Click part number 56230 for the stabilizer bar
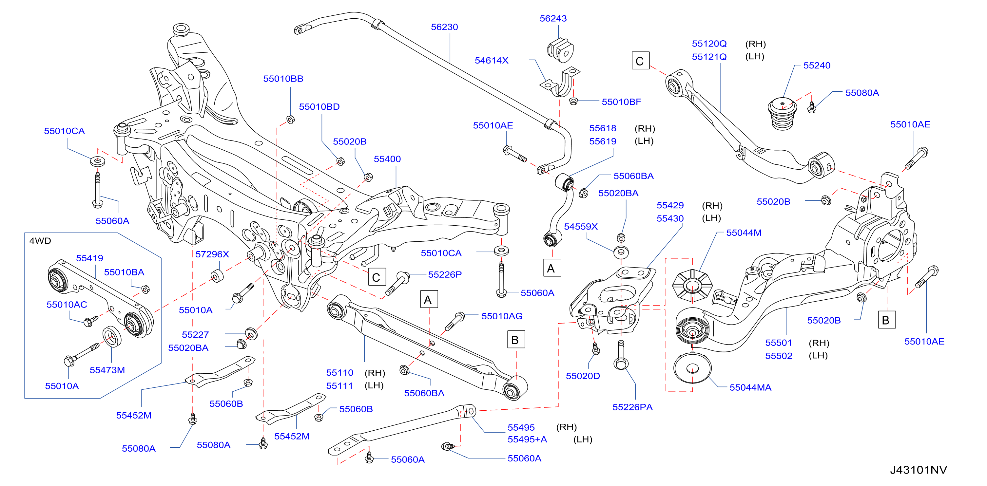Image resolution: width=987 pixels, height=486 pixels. [444, 27]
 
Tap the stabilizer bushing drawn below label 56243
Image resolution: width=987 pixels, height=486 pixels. [560, 50]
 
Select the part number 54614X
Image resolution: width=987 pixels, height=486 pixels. [491, 61]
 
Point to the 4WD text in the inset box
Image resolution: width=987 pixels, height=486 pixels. [40, 241]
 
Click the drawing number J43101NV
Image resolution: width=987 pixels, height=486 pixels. [918, 470]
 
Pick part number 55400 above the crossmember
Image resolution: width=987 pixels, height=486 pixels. [387, 159]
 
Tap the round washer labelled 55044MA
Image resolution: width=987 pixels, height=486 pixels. [692, 368]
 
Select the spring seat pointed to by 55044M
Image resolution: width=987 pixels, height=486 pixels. [692, 286]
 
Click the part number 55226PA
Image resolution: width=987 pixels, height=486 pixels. [632, 407]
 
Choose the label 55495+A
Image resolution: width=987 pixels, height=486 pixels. [527, 439]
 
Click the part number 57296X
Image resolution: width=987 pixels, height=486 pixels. [212, 254]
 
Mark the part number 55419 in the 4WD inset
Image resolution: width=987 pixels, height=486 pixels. [90, 258]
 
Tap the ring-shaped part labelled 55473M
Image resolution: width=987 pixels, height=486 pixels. [112, 337]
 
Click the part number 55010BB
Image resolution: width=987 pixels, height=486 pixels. [283, 79]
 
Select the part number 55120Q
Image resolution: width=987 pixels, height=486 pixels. [709, 44]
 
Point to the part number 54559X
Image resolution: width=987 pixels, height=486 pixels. [580, 227]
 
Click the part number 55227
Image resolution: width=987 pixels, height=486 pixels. [195, 335]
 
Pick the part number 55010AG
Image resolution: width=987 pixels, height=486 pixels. [502, 316]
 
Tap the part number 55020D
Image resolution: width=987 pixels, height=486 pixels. [583, 376]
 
